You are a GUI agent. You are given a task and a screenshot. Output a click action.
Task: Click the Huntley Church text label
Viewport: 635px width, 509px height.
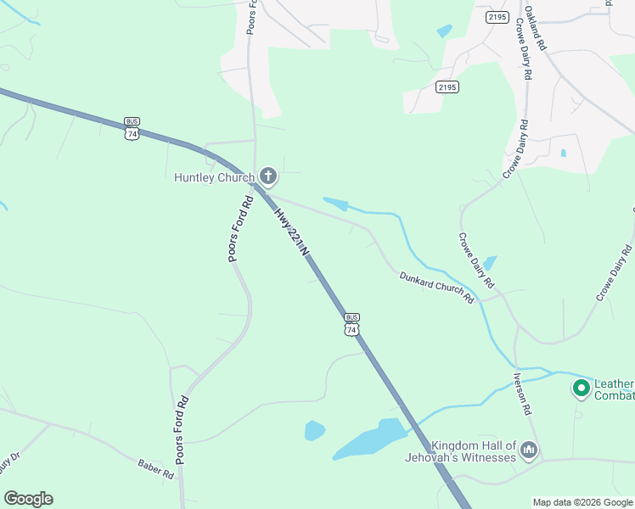[x=214, y=177]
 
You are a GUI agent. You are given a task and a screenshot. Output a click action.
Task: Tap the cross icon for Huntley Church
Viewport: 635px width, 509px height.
[x=268, y=176]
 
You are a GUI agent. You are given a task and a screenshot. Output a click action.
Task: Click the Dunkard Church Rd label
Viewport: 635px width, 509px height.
[x=436, y=287]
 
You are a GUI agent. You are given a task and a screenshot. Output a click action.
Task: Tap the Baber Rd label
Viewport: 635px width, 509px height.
[x=155, y=468]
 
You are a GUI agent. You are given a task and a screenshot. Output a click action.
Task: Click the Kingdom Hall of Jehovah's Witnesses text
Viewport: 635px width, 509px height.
[x=473, y=451]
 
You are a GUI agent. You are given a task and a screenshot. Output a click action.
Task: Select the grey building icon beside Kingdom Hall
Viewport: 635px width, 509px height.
[x=529, y=449]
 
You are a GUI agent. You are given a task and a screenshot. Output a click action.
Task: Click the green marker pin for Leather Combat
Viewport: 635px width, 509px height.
[x=582, y=389]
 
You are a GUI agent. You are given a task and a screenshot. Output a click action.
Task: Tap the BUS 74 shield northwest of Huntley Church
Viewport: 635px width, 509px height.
[x=132, y=128]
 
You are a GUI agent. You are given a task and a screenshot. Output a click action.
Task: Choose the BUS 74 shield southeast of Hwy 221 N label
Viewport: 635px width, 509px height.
[x=351, y=323]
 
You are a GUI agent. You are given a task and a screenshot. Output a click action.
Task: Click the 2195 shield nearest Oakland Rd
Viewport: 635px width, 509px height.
[x=497, y=16]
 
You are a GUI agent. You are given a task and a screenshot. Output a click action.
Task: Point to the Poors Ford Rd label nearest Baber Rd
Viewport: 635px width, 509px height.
[x=180, y=429]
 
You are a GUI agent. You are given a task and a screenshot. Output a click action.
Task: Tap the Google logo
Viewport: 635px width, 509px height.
[x=28, y=499]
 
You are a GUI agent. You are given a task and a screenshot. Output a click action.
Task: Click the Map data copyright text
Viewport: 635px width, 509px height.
[x=582, y=502]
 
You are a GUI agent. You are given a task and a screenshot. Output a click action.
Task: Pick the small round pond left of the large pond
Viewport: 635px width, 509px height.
[x=314, y=431]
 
